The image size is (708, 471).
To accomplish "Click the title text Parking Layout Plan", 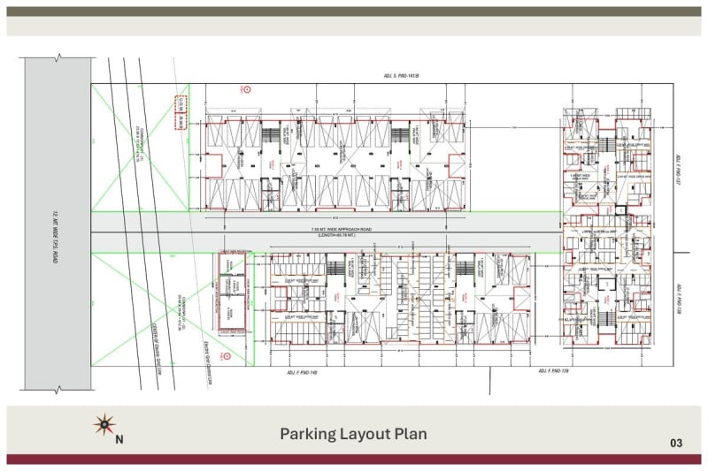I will point(353,434).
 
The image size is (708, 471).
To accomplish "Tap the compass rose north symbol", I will point(105,426).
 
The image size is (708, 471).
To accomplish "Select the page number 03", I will point(676,443).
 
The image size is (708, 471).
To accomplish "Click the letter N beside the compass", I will point(119,438).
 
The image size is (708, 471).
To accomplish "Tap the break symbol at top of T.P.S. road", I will point(58,57).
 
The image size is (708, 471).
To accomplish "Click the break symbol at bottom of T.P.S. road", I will point(58,391).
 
